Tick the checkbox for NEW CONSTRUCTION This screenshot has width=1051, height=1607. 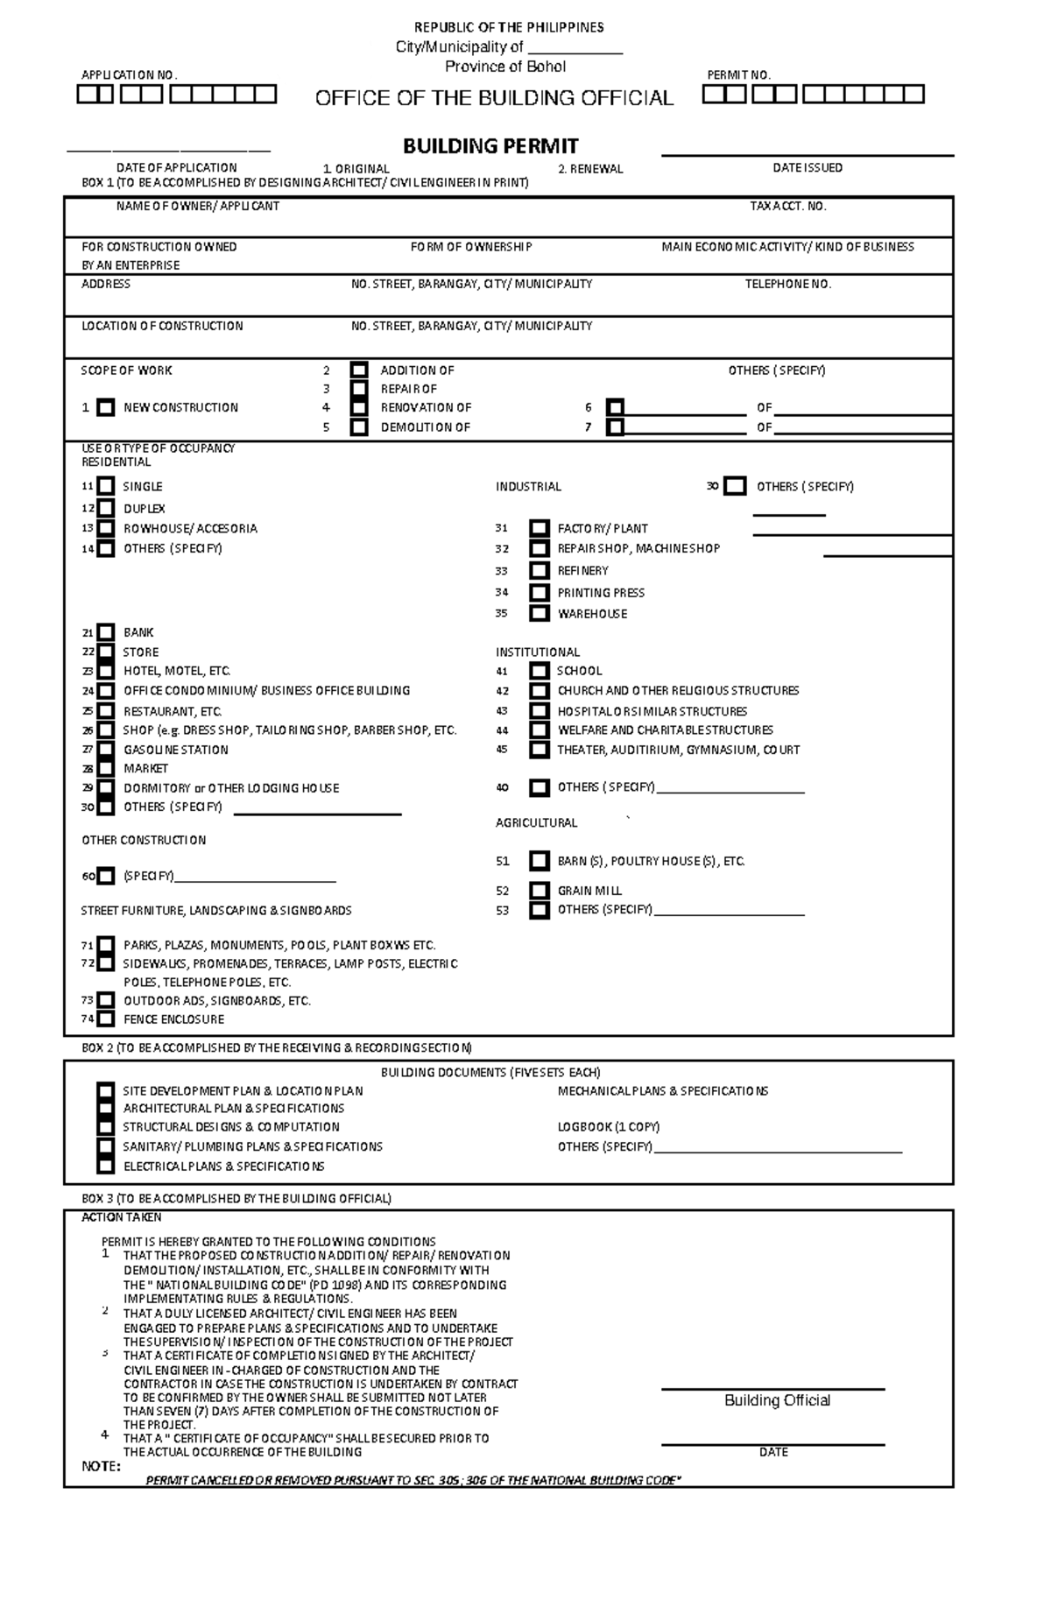106,408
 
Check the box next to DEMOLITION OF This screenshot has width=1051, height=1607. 359,427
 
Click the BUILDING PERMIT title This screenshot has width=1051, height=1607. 490,145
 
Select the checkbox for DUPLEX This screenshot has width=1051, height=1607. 106,509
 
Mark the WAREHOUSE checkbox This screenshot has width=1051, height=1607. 540,614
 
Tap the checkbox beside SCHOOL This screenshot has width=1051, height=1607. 540,672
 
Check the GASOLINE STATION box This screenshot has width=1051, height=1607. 106,751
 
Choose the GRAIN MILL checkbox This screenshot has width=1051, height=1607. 540,891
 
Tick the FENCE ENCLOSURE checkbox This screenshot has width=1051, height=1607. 106,1019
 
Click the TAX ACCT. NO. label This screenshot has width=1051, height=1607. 787,207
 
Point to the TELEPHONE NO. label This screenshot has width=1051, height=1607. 787,285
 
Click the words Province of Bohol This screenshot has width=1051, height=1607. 505,67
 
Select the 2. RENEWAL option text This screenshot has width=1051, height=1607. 590,169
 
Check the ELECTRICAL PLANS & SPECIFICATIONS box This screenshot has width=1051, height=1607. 106,1166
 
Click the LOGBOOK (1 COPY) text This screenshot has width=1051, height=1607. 608,1127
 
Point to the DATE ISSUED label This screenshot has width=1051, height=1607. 807,168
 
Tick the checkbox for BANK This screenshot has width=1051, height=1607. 106,632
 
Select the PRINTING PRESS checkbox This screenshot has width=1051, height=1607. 540,593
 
